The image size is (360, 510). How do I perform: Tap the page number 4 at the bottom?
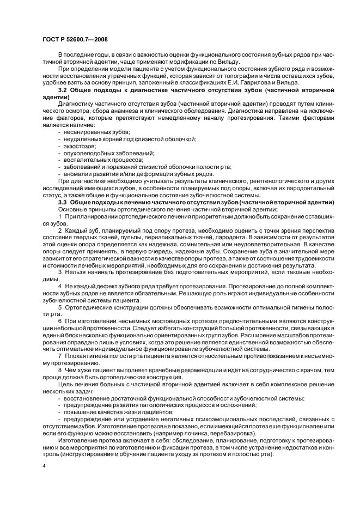(x=44, y=467)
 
